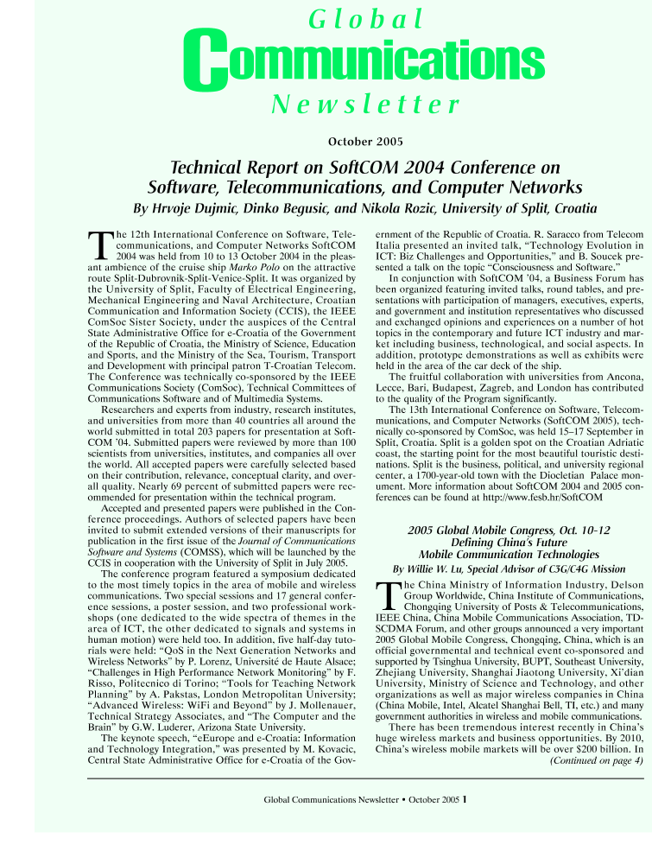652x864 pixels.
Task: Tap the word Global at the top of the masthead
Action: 366,18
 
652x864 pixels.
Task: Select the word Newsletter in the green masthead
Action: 365,105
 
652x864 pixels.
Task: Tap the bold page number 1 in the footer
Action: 465,798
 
